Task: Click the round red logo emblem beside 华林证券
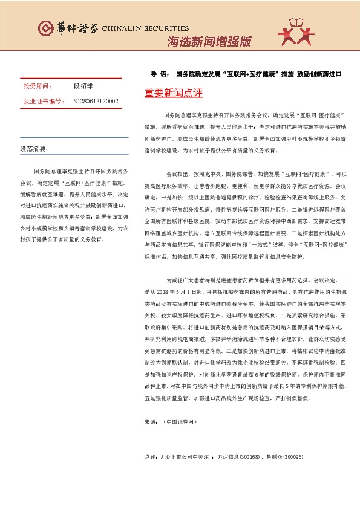[x=45, y=28]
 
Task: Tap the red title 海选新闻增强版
[x=209, y=42]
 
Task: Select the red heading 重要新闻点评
[x=174, y=94]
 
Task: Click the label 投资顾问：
[x=38, y=86]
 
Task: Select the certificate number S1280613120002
[x=96, y=101]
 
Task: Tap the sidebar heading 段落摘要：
[x=33, y=148]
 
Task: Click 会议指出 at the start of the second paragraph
[x=177, y=173]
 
